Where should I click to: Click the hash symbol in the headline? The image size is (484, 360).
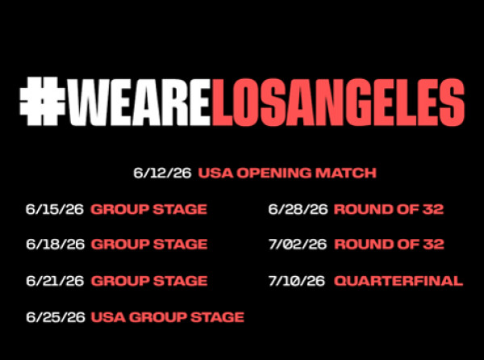click(42, 101)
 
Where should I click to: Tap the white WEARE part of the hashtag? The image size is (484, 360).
click(139, 102)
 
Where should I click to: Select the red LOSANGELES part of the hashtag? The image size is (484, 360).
click(338, 102)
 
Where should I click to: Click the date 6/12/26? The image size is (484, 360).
click(162, 173)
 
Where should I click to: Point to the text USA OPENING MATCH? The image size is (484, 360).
click(287, 173)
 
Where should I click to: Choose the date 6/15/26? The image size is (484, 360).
click(55, 209)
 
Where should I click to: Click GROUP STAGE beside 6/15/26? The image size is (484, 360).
click(148, 209)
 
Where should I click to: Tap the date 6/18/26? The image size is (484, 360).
click(55, 245)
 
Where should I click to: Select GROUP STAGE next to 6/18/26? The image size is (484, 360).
click(149, 245)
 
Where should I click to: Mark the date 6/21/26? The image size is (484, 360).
click(55, 281)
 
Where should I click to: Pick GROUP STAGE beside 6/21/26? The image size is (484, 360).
click(149, 281)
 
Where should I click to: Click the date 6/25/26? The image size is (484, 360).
click(55, 317)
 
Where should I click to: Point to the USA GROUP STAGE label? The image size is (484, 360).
click(168, 317)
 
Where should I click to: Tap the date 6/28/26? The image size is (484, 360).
click(298, 209)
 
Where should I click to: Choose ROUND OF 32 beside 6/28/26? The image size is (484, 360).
click(389, 209)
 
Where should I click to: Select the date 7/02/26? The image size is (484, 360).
click(298, 245)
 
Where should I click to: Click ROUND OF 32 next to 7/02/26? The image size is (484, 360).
click(390, 245)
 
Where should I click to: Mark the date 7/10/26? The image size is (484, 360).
click(297, 281)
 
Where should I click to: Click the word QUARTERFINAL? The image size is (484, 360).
click(398, 281)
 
